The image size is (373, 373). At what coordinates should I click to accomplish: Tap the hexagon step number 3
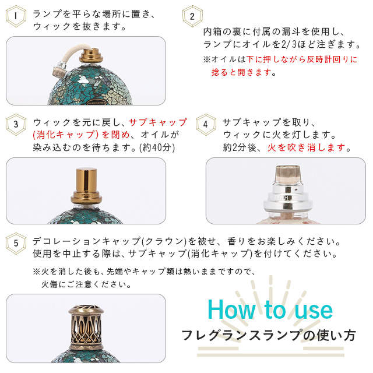tap(16, 124)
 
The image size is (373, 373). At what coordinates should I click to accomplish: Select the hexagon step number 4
tap(205, 124)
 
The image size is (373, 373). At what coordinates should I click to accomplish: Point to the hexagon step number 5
tap(16, 241)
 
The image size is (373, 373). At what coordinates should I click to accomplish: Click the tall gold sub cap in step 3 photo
tap(86, 183)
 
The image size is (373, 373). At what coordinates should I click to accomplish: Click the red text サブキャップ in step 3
tap(158, 122)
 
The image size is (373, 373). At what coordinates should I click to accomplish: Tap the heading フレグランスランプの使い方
tap(268, 336)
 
